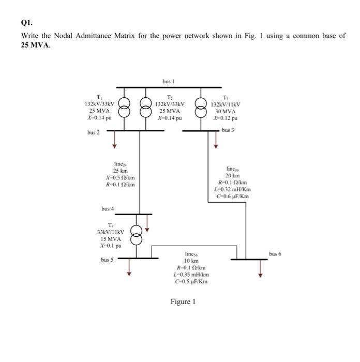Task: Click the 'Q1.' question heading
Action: (x=26, y=23)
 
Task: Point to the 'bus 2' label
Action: (x=94, y=133)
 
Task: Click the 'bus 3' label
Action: (x=228, y=130)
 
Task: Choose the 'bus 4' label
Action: (x=108, y=208)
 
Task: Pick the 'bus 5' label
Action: (x=108, y=259)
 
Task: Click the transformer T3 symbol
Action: (x=200, y=109)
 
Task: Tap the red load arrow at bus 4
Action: (x=147, y=222)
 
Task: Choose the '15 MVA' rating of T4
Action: (x=111, y=239)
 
